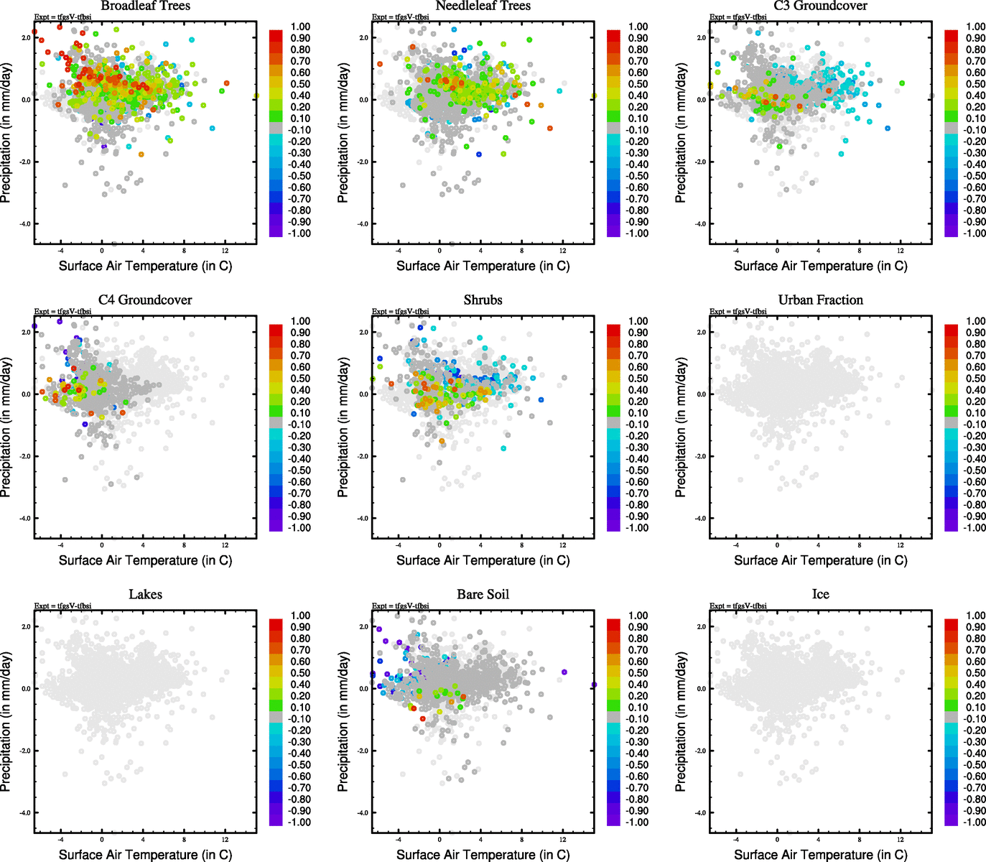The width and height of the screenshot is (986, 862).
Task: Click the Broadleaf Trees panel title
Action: [145, 6]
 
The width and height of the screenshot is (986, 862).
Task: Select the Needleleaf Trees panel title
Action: [483, 6]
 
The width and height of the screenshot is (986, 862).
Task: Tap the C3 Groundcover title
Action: [820, 6]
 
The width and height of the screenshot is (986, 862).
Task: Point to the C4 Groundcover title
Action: [145, 300]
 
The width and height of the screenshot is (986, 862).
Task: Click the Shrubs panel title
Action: [483, 300]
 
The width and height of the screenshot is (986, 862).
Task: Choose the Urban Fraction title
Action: [820, 300]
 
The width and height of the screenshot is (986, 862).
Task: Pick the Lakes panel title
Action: [145, 595]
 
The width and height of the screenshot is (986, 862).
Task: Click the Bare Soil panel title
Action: [483, 595]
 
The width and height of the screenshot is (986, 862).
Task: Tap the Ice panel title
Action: [820, 595]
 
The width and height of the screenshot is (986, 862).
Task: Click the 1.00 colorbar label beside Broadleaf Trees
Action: [300, 27]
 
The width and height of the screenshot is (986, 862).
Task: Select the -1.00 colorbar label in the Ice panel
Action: [974, 822]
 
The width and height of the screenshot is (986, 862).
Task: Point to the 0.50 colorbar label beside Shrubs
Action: [638, 379]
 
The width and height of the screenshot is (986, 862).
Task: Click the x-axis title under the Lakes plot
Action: [145, 855]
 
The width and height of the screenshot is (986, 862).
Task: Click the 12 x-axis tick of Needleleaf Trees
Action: [562, 251]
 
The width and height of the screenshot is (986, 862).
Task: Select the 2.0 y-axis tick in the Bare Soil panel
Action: [363, 627]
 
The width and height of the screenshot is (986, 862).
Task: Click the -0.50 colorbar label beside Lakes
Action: [299, 765]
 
